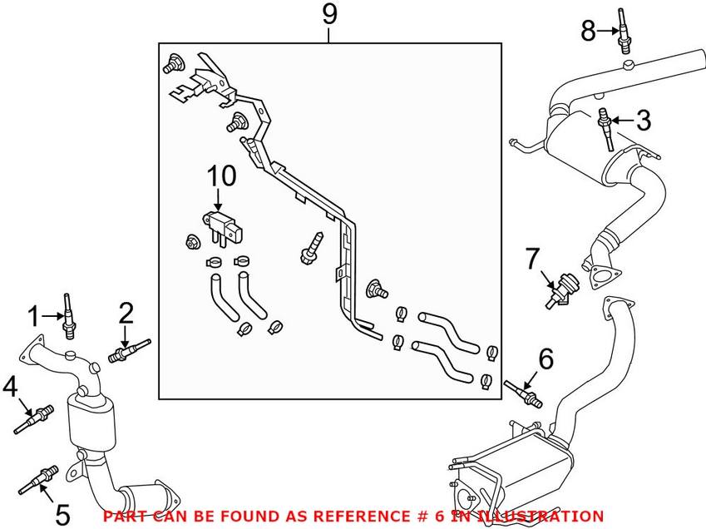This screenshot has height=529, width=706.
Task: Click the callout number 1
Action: point(34,316)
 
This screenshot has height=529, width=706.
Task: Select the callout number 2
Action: point(126,313)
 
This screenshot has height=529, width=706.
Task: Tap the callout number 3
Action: point(644,121)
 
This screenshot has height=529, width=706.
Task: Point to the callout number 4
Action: point(10,386)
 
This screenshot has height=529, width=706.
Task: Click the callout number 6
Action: point(546,359)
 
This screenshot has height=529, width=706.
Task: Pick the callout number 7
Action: point(532,260)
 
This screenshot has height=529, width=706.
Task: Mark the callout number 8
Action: point(588,32)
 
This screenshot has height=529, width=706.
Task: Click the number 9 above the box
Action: point(330,15)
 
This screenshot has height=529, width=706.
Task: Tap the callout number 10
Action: point(221,176)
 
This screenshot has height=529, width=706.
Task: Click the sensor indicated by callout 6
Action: point(524,392)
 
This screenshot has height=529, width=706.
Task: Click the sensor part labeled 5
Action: point(42,479)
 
